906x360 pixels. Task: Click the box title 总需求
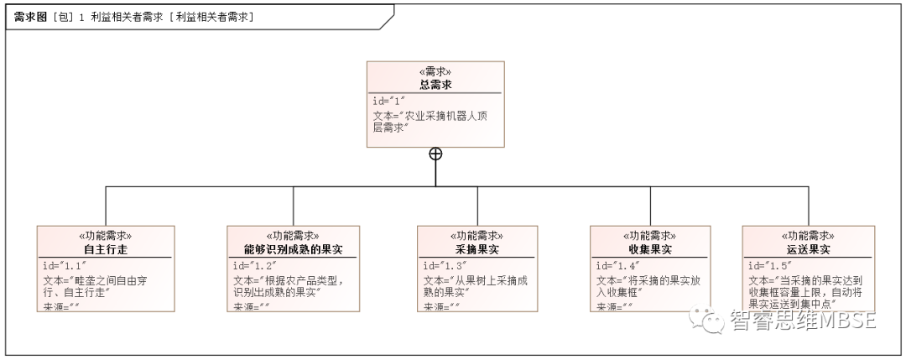click(x=435, y=85)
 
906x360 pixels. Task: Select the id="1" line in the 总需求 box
click(x=389, y=101)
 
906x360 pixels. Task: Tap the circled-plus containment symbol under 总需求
click(x=435, y=154)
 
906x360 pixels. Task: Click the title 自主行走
click(x=105, y=250)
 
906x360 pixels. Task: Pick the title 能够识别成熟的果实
click(x=294, y=250)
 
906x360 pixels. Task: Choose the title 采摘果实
click(x=476, y=250)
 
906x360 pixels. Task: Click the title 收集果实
click(x=650, y=250)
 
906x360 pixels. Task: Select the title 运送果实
click(x=809, y=250)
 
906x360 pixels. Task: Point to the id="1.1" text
click(x=65, y=265)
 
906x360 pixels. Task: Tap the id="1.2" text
click(x=255, y=265)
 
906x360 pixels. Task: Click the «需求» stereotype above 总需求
click(x=435, y=72)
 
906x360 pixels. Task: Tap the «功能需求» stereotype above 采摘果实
click(x=476, y=237)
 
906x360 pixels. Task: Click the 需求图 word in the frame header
click(x=30, y=17)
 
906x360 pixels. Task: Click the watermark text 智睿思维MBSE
click(x=802, y=321)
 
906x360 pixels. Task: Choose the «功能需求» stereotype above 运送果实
click(x=809, y=237)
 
